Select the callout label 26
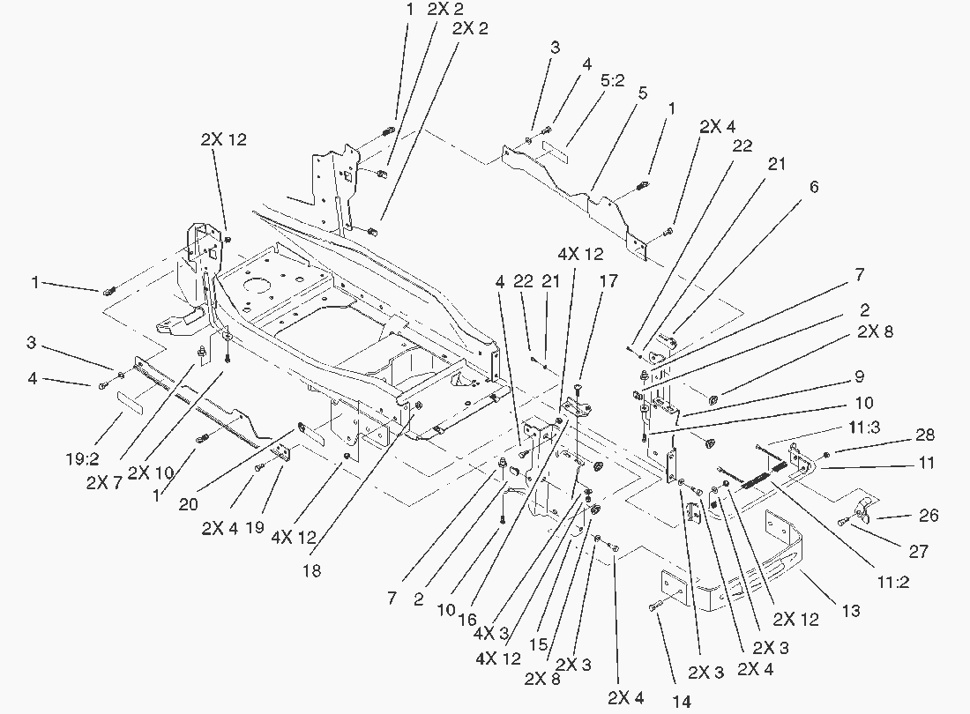click(928, 516)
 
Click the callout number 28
click(925, 435)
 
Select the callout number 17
click(608, 283)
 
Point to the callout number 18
click(310, 571)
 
